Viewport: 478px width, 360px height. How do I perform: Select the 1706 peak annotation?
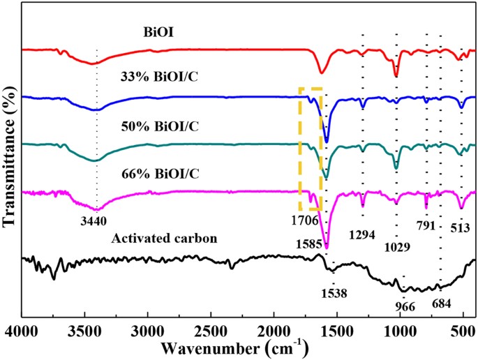click(x=306, y=221)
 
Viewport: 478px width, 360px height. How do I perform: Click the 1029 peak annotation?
click(x=396, y=247)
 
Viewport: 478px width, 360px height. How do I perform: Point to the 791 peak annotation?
click(x=426, y=225)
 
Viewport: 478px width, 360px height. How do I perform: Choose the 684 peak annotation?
click(x=441, y=303)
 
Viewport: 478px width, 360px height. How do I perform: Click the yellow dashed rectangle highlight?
click(x=311, y=149)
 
